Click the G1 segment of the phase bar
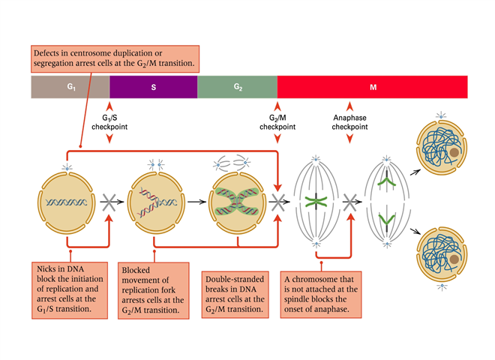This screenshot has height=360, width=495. (70, 87)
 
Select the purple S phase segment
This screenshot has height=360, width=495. (153, 87)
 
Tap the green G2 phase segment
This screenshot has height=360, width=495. (237, 87)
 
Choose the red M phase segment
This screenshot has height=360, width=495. (372, 87)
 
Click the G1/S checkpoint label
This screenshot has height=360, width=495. (109, 122)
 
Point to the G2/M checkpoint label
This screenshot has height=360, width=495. (277, 122)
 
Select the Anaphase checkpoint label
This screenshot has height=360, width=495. (349, 122)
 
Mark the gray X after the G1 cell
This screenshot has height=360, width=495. (109, 201)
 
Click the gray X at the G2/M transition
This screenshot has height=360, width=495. (280, 201)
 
